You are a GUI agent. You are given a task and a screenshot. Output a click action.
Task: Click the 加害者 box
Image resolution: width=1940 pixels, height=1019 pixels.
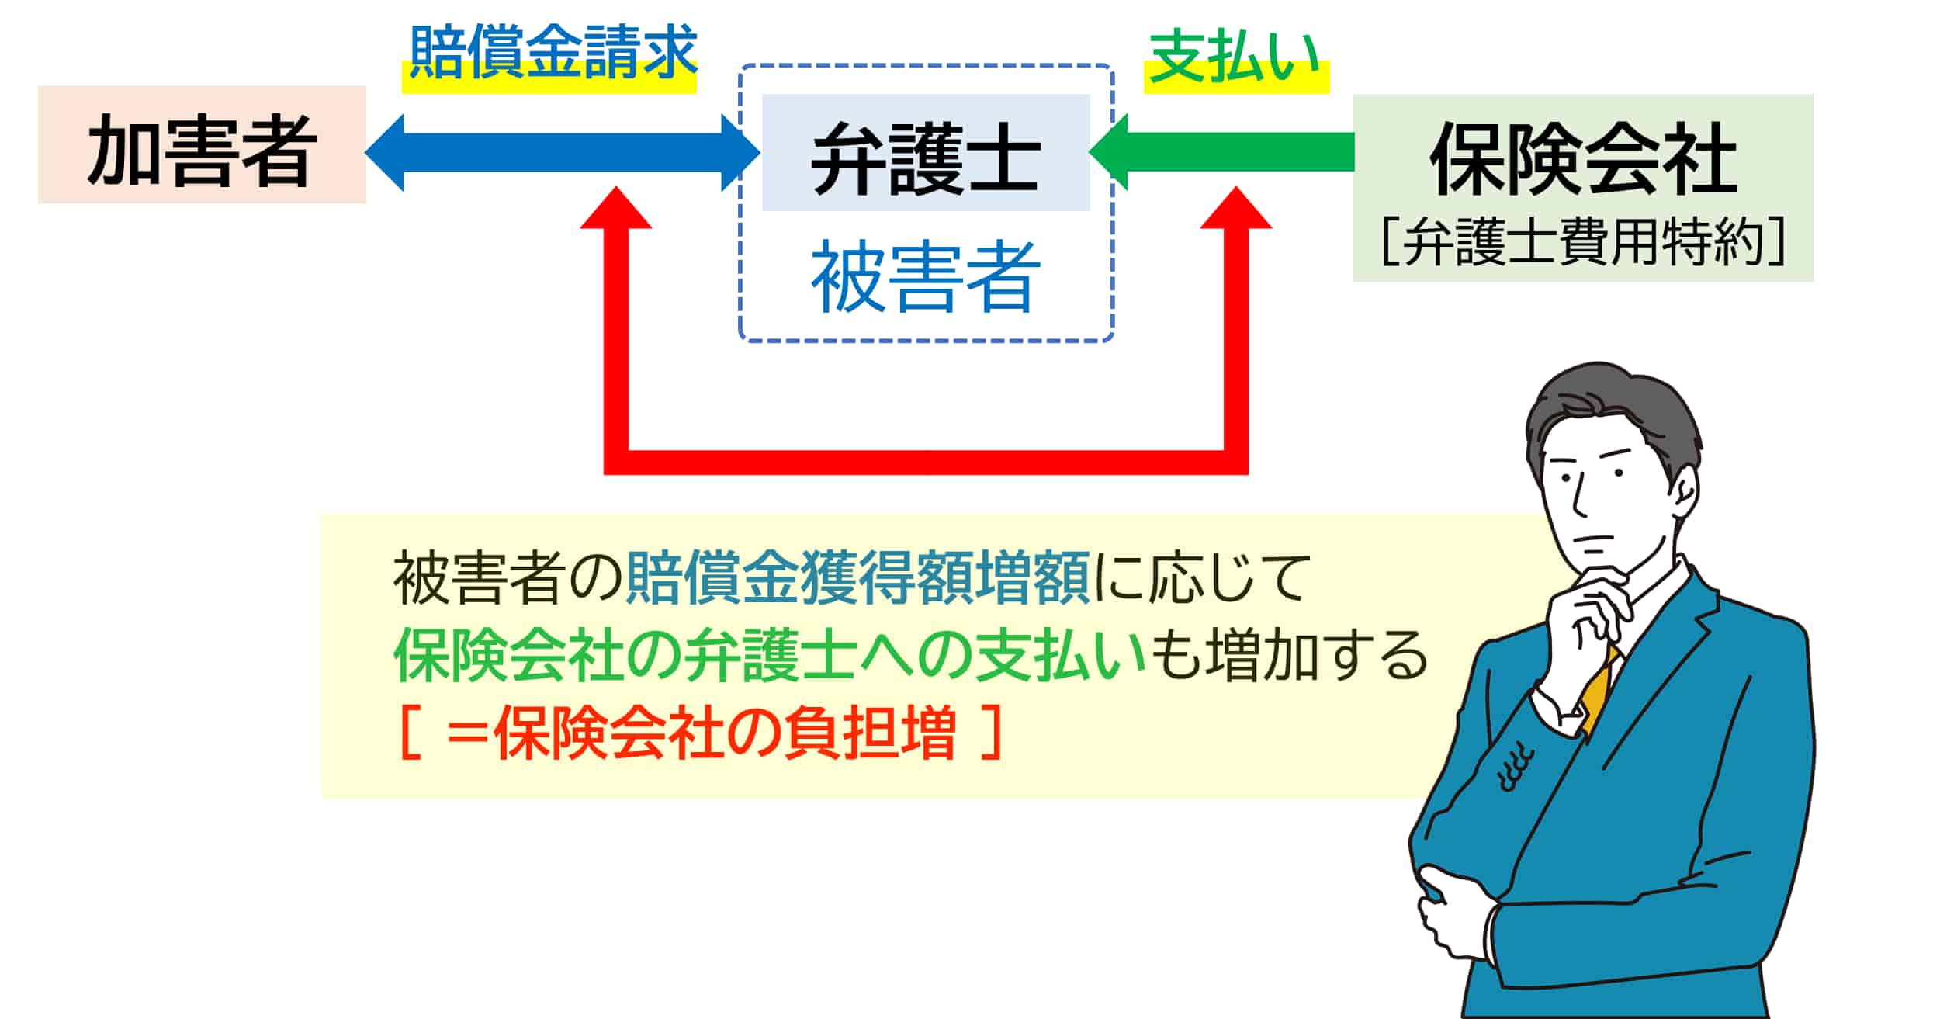pyautogui.click(x=202, y=144)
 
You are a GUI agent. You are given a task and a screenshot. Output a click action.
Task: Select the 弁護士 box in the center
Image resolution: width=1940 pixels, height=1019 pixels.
pyautogui.click(x=926, y=152)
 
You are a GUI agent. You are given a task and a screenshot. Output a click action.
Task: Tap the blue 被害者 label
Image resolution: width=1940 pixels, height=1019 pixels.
pyautogui.click(x=926, y=277)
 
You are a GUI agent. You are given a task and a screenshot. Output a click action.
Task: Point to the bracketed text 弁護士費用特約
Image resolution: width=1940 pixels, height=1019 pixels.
pyautogui.click(x=1583, y=241)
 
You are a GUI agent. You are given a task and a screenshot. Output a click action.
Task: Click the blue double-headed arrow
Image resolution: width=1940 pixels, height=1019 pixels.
pyautogui.click(x=563, y=152)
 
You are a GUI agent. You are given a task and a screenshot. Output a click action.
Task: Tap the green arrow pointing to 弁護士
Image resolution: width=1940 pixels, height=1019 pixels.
pyautogui.click(x=1221, y=152)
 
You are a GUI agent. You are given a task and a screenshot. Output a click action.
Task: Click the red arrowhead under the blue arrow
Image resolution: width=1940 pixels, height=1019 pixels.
pyautogui.click(x=616, y=208)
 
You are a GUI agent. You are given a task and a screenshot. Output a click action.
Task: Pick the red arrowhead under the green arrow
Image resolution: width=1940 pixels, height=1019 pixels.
pyautogui.click(x=1236, y=208)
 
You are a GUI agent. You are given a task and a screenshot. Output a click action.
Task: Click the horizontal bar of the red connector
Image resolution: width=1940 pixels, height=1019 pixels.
pyautogui.click(x=926, y=463)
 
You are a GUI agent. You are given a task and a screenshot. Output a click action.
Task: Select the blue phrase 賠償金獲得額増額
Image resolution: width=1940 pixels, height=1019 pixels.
pyautogui.click(x=858, y=578)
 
